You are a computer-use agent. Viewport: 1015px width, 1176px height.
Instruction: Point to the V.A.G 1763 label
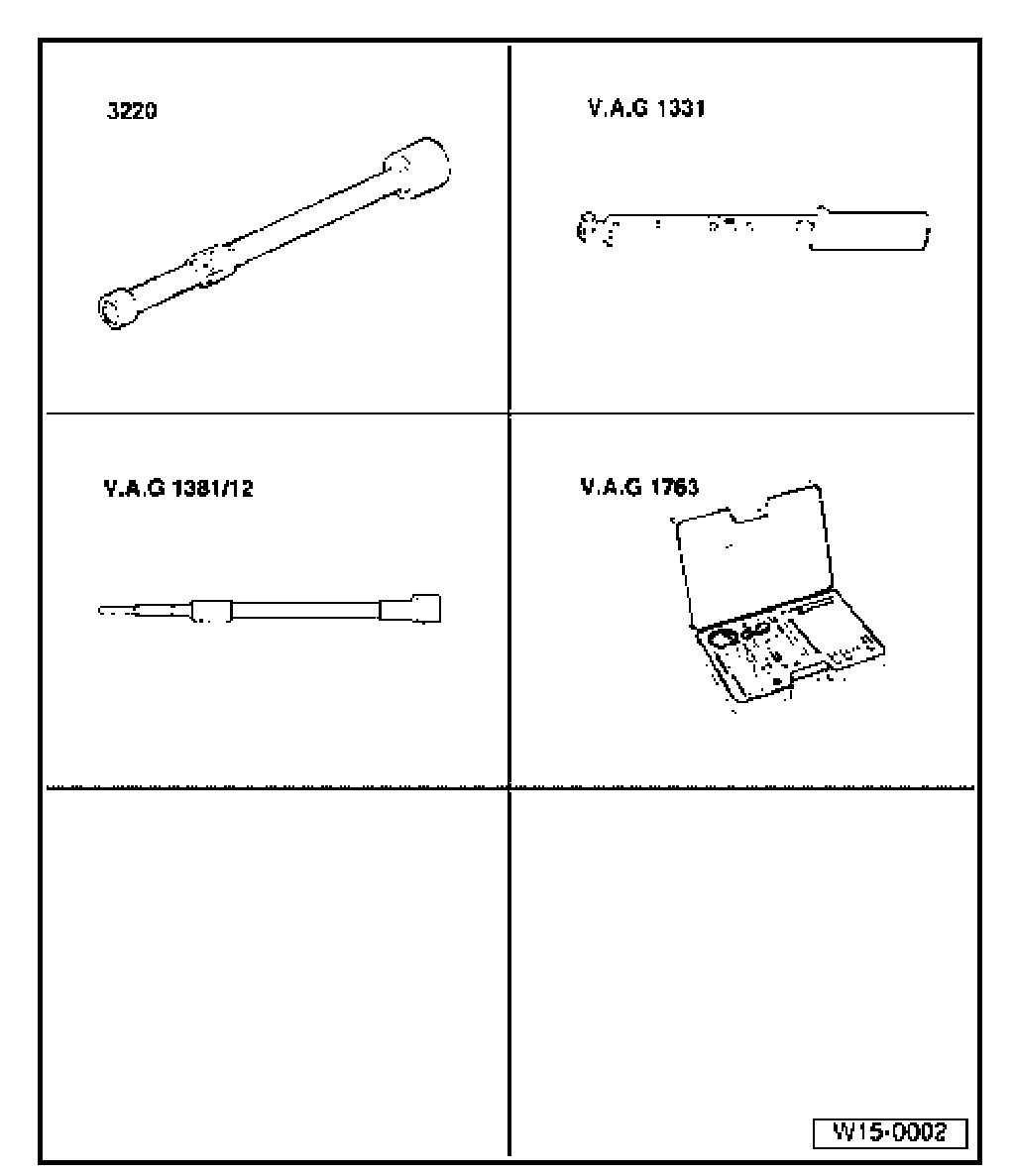638,489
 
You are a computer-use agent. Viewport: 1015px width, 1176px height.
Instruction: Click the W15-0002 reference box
889,1132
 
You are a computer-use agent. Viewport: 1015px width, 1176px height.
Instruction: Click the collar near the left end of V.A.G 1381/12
211,611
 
